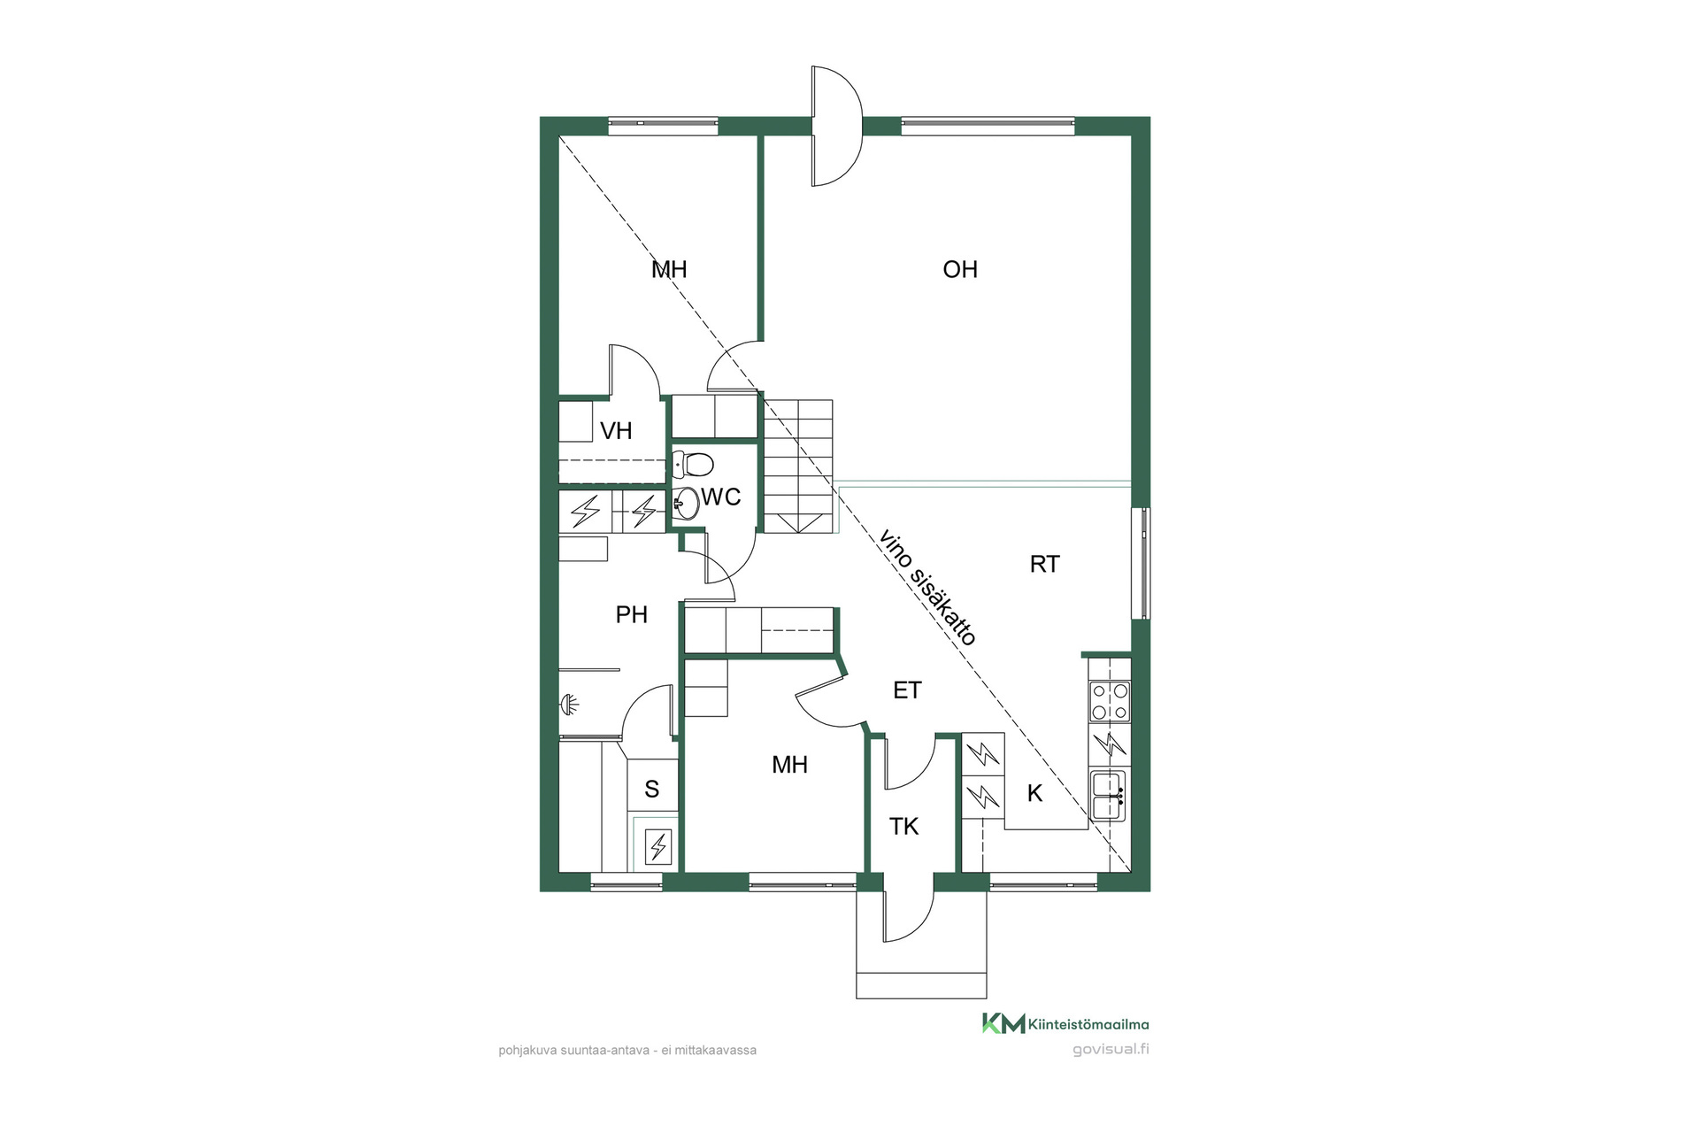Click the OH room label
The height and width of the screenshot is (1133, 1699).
point(960,269)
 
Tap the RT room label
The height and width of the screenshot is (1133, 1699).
point(1044,564)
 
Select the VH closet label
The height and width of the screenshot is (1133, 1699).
point(616,431)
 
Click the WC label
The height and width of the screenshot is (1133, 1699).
point(721,497)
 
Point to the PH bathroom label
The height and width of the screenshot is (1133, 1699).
point(632,614)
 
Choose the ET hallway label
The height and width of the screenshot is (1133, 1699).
point(907,690)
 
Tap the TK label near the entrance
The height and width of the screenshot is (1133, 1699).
point(903,827)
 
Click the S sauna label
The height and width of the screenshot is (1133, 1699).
point(652,790)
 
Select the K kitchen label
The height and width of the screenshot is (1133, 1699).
point(1034,794)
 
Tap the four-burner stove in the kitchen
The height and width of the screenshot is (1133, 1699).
point(1110,701)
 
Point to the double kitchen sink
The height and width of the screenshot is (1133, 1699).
point(1108,796)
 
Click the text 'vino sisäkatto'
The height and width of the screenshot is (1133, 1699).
point(928,588)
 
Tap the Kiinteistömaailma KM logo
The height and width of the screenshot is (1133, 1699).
point(1065,1024)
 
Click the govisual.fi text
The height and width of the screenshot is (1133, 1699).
point(1111,1050)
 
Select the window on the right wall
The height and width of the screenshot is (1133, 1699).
point(1142,563)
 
